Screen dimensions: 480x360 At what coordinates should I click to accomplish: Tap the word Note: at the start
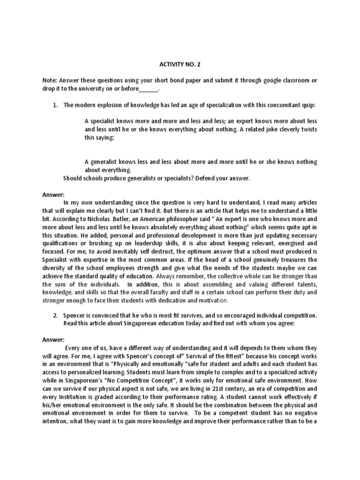51,80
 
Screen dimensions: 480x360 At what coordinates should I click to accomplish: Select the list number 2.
55,316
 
